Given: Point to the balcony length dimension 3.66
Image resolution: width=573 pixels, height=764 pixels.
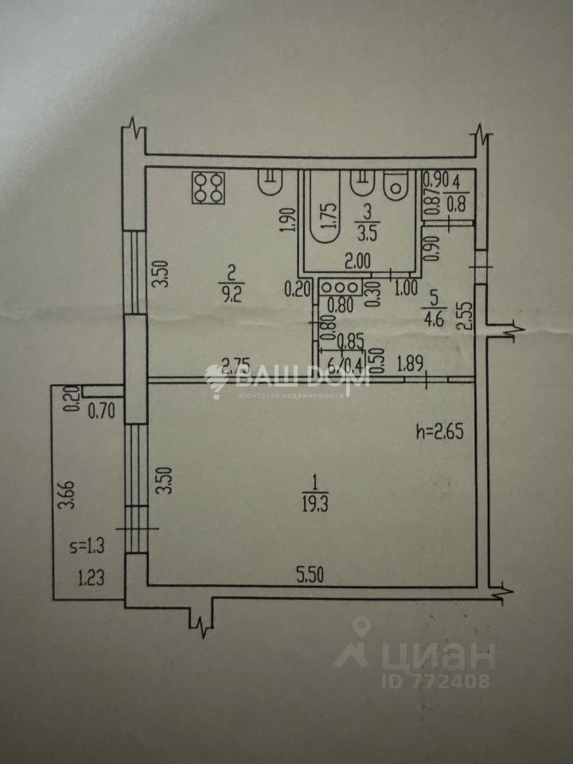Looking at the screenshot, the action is pos(73,502).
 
